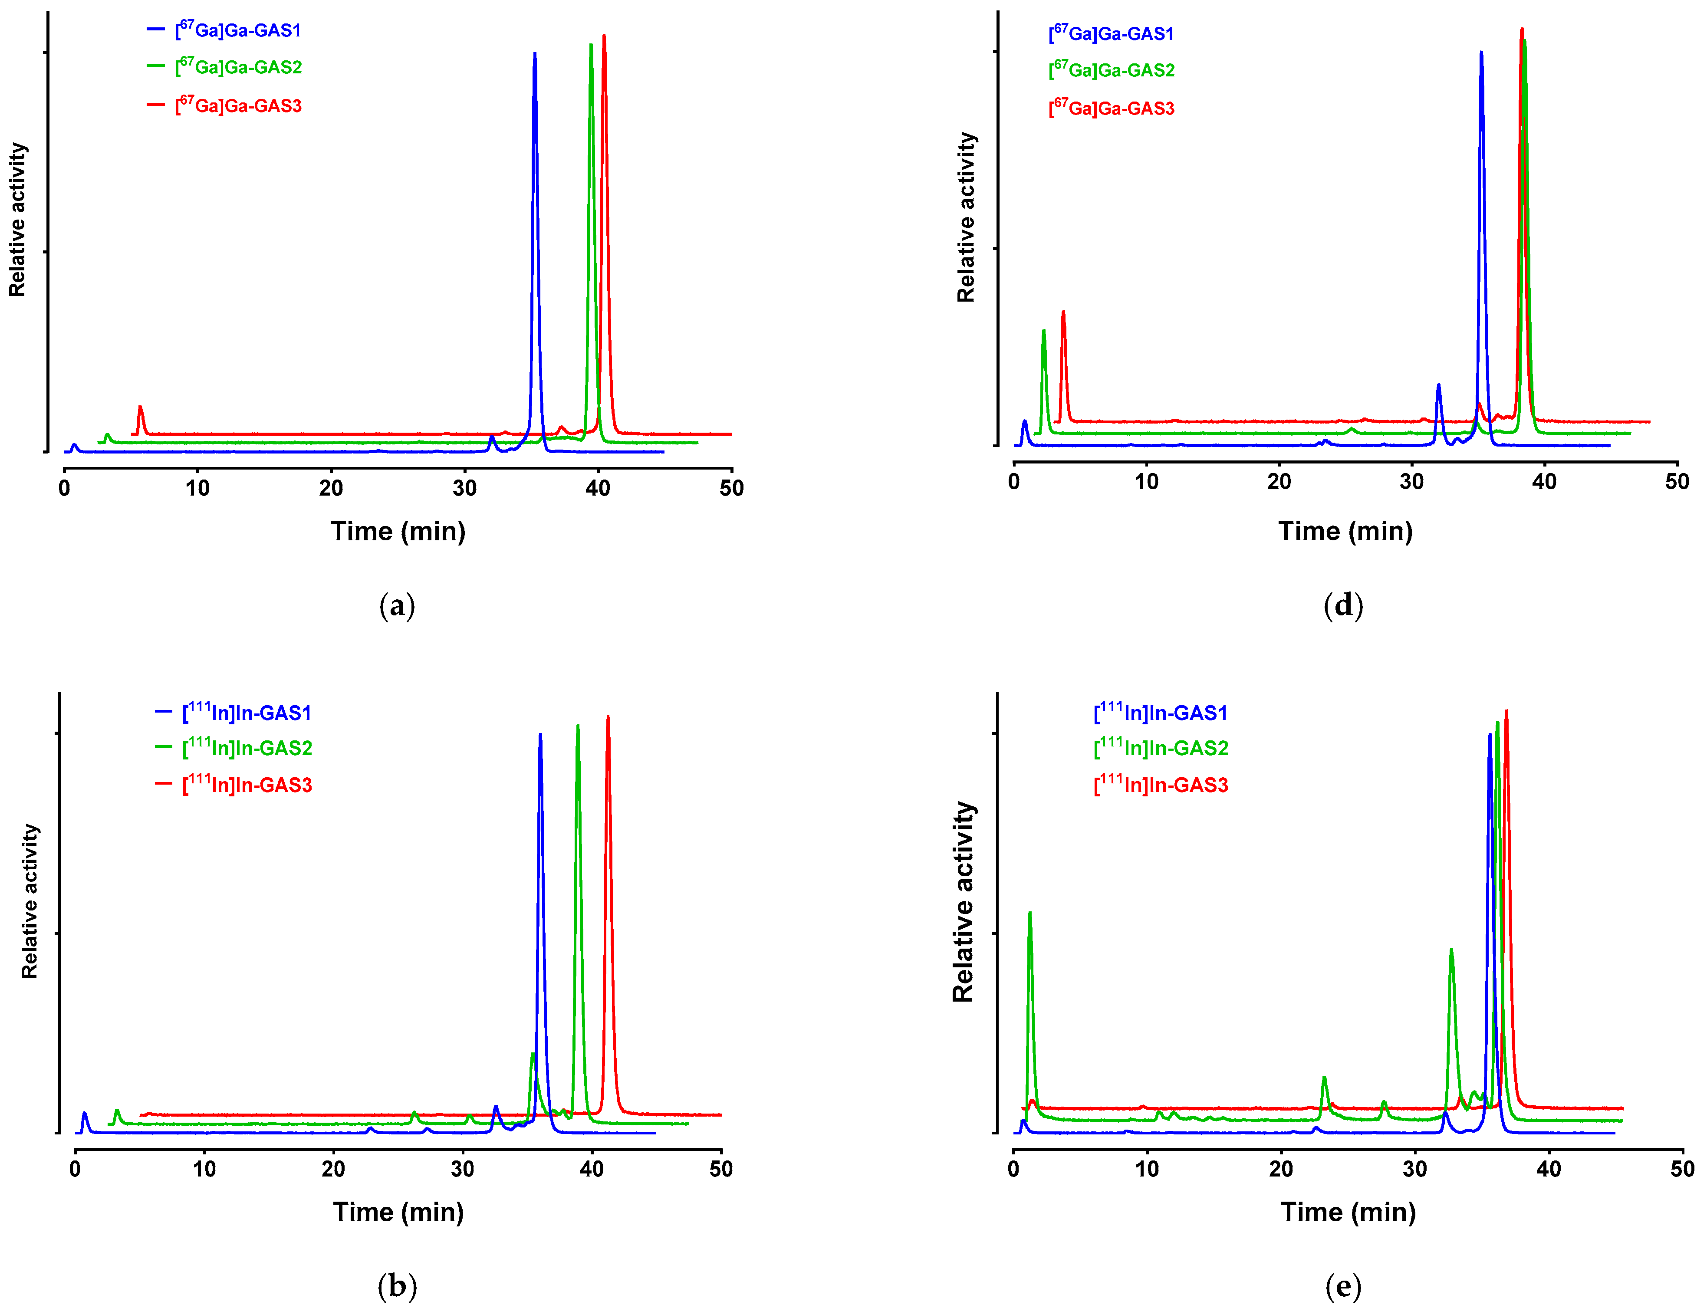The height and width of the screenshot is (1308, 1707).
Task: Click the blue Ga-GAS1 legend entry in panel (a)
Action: pyautogui.click(x=237, y=30)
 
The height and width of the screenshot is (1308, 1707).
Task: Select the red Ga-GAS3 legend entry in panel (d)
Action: pyautogui.click(x=1111, y=108)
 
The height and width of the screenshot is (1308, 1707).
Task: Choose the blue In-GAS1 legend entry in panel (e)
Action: pyautogui.click(x=1160, y=713)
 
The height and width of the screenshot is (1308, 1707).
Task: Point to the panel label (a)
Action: pyautogui.click(x=397, y=606)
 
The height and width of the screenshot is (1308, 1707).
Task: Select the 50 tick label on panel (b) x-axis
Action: pyautogui.click(x=721, y=1169)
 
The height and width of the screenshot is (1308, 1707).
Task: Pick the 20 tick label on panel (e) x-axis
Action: pyautogui.click(x=1281, y=1169)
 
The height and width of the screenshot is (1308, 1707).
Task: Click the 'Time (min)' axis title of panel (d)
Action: pyautogui.click(x=1345, y=531)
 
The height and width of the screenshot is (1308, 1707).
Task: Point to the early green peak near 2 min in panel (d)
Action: pyautogui.click(x=1043, y=332)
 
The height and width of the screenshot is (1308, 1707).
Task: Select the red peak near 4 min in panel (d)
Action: pyautogui.click(x=1063, y=313)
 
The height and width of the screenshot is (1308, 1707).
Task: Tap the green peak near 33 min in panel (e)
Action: pyautogui.click(x=1451, y=950)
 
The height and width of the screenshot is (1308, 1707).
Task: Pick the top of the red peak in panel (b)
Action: pyautogui.click(x=608, y=718)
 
